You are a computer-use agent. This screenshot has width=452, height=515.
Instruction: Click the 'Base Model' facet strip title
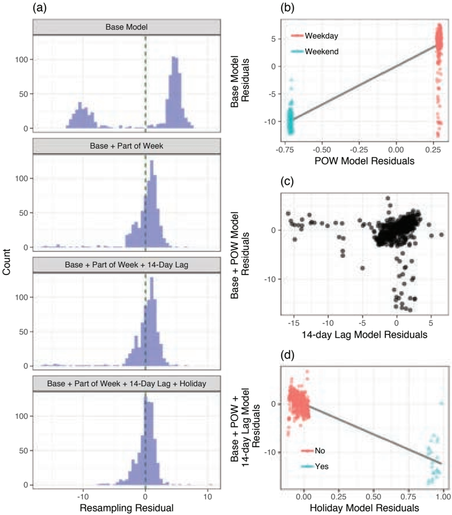click(x=127, y=27)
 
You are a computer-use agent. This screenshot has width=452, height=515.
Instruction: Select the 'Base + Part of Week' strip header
click(x=127, y=146)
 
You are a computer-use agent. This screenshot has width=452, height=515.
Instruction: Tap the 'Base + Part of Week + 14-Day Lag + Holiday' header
click(x=127, y=384)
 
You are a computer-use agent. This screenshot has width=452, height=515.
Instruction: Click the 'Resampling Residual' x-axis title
click(x=127, y=508)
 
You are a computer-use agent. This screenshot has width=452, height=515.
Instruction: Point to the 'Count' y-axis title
click(x=6, y=262)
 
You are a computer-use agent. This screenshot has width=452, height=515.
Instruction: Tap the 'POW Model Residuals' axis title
click(x=364, y=161)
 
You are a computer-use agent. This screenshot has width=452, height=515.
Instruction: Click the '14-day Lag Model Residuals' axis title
click(x=364, y=335)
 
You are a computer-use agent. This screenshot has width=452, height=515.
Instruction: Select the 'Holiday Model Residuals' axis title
click(x=364, y=508)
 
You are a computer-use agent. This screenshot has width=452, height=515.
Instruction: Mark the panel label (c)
click(x=287, y=182)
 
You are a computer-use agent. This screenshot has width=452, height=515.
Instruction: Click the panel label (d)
click(x=287, y=355)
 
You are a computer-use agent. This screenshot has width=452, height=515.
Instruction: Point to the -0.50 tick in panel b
click(x=321, y=150)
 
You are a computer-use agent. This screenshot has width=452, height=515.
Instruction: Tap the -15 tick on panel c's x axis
click(x=294, y=323)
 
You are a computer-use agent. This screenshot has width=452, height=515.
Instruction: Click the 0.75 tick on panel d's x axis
click(x=408, y=496)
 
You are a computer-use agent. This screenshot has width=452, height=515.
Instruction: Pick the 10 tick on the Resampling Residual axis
click(x=207, y=496)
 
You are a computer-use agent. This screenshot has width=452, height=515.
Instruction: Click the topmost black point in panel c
click(x=388, y=198)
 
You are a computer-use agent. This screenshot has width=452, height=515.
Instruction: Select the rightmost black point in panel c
click(x=442, y=235)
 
